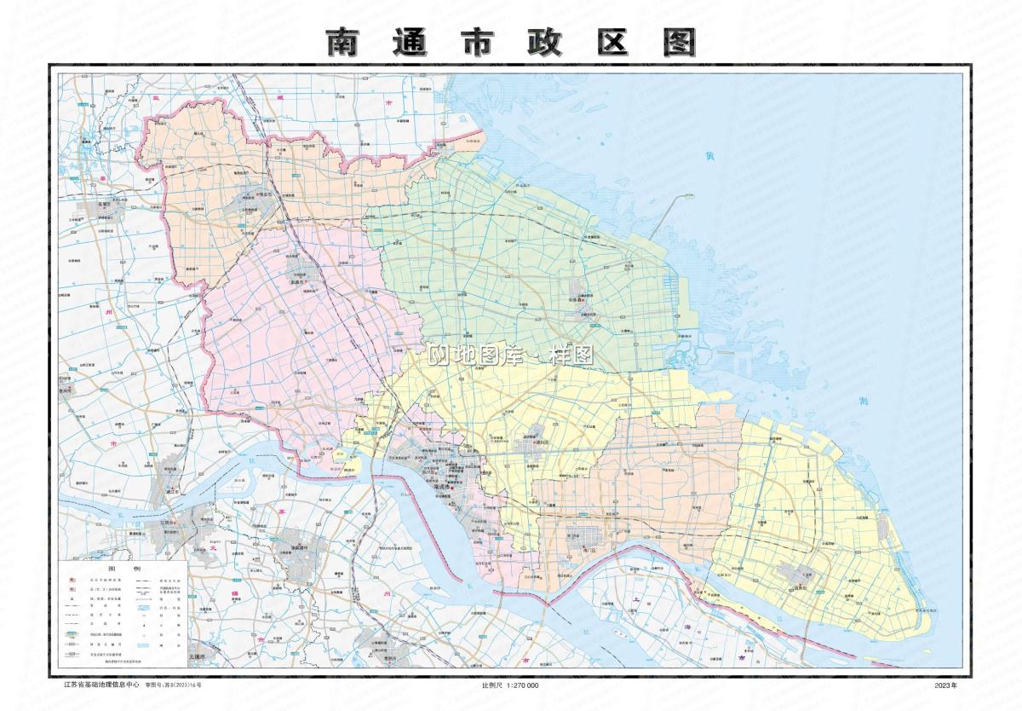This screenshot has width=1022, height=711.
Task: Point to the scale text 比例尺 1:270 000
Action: pyautogui.click(x=510, y=685)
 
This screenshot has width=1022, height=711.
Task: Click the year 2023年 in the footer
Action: pyautogui.click(x=945, y=685)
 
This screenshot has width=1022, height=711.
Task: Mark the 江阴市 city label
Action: pyautogui.click(x=166, y=523)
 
